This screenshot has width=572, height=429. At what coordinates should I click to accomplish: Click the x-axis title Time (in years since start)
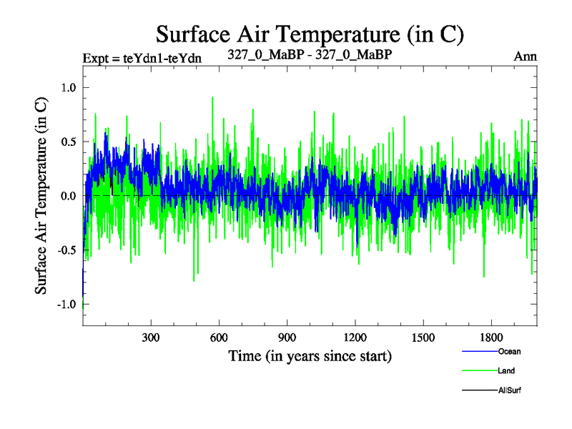310,355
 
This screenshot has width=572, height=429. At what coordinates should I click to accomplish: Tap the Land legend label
506,371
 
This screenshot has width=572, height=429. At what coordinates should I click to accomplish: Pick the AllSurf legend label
508,390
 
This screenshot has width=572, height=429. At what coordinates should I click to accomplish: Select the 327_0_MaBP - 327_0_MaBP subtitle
310,54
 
